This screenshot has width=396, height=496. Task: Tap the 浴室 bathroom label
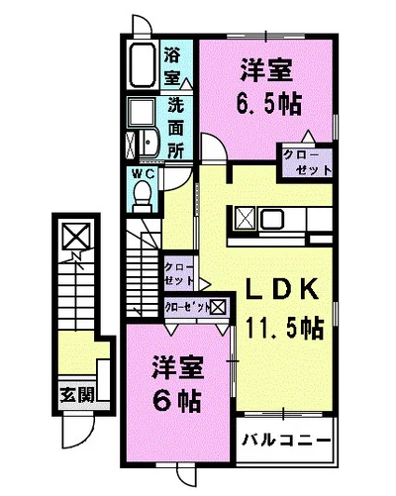click(172, 63)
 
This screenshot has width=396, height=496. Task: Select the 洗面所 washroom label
click(175, 127)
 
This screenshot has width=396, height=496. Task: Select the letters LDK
click(282, 289)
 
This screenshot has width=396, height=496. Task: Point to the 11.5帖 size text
click(284, 325)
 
